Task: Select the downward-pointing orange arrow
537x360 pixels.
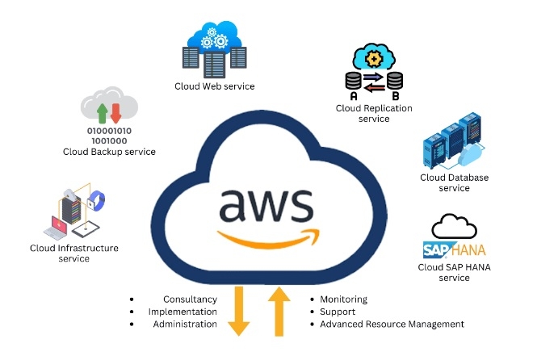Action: pos(239,312)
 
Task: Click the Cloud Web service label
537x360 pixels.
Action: pos(215,86)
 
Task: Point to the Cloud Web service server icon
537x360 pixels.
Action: pos(214,49)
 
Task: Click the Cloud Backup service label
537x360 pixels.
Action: pos(109,151)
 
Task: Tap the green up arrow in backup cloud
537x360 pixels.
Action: pos(103,111)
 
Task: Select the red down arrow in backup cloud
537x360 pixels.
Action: pos(115,111)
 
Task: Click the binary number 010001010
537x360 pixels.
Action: pos(109,129)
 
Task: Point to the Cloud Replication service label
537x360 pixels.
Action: pos(374,113)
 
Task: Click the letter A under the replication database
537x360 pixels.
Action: pos(354,96)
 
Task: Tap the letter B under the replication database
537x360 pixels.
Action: pos(394,96)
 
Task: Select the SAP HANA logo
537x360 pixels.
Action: pos(453,248)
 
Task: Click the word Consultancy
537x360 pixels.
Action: pos(190,299)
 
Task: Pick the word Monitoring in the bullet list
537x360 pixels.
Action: pos(343,299)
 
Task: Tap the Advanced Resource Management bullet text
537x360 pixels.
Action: pos(392,324)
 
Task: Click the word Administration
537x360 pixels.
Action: pos(185,324)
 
